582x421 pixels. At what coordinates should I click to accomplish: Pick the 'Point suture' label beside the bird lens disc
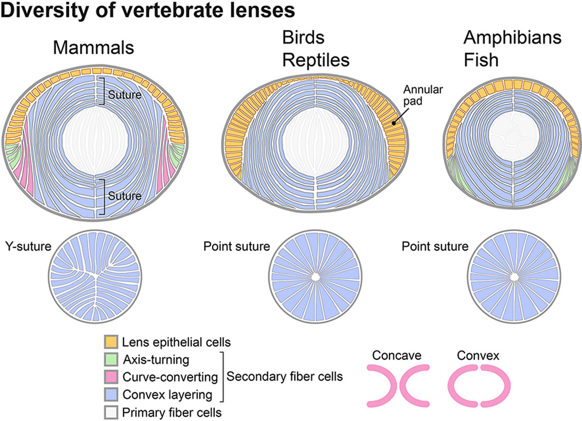pyautogui.click(x=236, y=247)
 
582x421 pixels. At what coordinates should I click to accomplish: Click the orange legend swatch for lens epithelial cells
pyautogui.click(x=111, y=342)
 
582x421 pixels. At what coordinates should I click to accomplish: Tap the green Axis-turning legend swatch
pyautogui.click(x=111, y=359)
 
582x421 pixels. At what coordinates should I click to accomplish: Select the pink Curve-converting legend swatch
pyautogui.click(x=111, y=377)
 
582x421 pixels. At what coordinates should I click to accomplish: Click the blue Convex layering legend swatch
pyautogui.click(x=111, y=394)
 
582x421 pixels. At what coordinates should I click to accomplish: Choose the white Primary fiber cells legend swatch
pyautogui.click(x=111, y=411)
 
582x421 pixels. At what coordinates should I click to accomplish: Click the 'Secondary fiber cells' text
pyautogui.click(x=284, y=377)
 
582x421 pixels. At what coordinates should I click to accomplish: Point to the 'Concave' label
pyautogui.click(x=397, y=355)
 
